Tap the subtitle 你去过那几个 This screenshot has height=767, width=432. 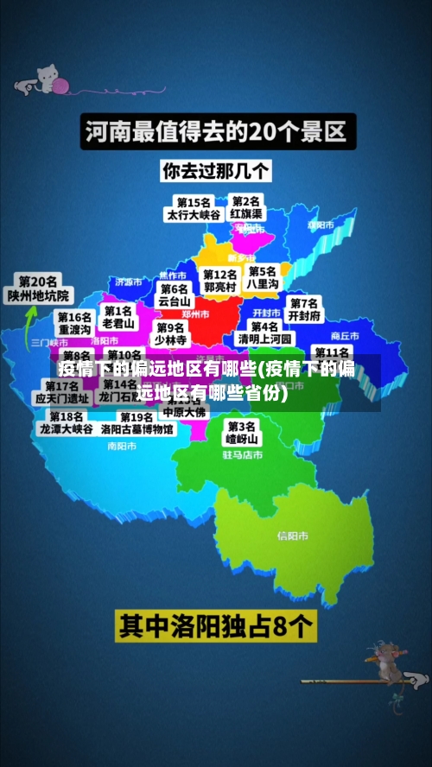(x=216, y=171)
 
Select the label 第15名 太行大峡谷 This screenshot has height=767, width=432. (x=194, y=208)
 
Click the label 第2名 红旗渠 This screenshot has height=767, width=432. (x=246, y=207)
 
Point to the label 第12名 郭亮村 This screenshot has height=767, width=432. (x=220, y=280)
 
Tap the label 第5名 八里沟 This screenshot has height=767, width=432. (x=263, y=277)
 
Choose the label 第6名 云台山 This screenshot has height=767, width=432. (x=175, y=295)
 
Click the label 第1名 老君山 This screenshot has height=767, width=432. (x=118, y=317)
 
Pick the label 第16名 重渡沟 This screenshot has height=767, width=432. (x=74, y=324)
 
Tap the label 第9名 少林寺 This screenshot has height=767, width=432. (x=171, y=333)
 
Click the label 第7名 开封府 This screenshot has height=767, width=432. (x=304, y=309)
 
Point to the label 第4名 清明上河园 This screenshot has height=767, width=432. (x=264, y=333)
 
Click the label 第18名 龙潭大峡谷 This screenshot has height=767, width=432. (x=66, y=422)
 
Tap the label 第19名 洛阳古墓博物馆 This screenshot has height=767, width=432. (x=137, y=423)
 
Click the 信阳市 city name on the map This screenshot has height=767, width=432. (x=293, y=536)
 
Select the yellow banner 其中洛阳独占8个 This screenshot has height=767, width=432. (x=216, y=625)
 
